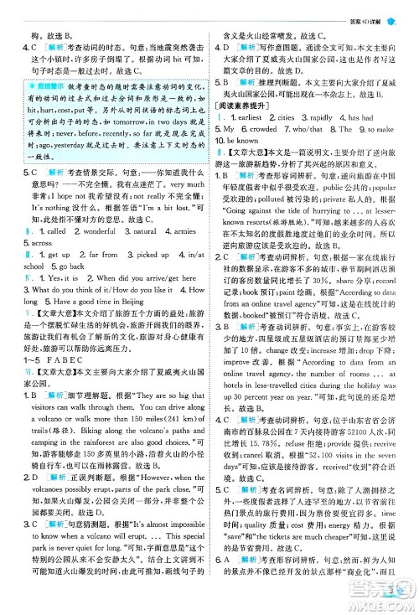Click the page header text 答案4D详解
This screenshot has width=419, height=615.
click(360, 9)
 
